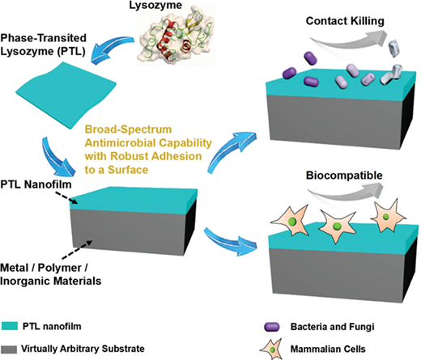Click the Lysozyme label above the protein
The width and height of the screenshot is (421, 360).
click(155, 5)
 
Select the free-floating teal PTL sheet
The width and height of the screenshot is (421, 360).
click(66, 95)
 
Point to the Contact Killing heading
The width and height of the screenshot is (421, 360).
click(345, 21)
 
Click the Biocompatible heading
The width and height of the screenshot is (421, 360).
click(344, 176)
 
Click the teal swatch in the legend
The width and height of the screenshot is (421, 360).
click(10, 326)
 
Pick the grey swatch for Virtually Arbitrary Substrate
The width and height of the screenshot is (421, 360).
click(9, 349)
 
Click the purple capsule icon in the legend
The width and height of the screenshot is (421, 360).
click(272, 327)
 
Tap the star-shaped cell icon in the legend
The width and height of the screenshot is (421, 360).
click(271, 349)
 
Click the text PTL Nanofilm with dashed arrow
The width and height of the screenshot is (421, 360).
click(36, 184)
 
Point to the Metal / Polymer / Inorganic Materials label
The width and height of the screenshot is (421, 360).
click(51, 274)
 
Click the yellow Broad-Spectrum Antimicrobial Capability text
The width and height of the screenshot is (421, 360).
click(148, 150)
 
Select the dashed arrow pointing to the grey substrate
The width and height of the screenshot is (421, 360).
click(77, 249)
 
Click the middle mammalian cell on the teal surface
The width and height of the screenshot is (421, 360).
click(337, 225)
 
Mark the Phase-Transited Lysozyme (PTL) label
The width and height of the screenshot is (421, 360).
click(43, 44)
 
